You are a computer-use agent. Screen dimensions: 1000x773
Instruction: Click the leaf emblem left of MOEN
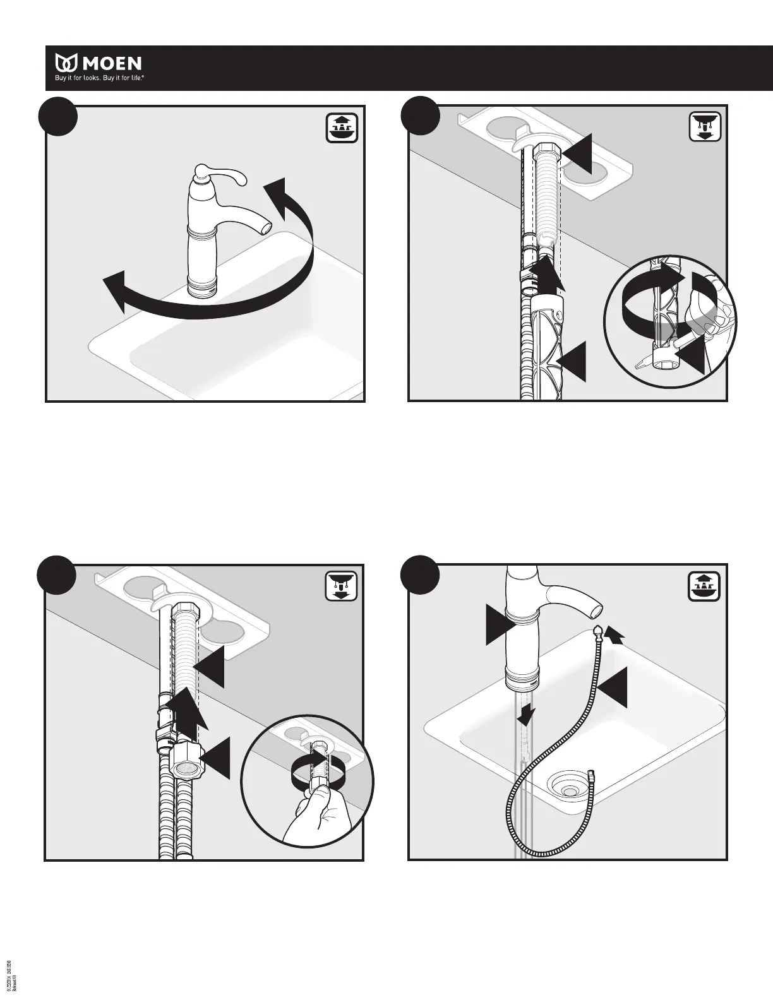click(66, 63)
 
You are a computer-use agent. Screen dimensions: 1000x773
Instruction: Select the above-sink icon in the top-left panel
click(342, 129)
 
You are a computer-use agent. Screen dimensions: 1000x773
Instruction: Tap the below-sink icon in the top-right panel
click(703, 129)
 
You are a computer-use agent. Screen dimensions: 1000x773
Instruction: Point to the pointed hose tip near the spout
click(599, 631)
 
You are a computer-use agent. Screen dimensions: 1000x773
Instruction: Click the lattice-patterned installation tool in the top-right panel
click(545, 348)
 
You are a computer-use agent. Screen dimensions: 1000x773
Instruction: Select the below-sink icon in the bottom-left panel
click(342, 586)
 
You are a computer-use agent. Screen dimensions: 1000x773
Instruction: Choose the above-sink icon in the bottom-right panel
click(703, 586)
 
